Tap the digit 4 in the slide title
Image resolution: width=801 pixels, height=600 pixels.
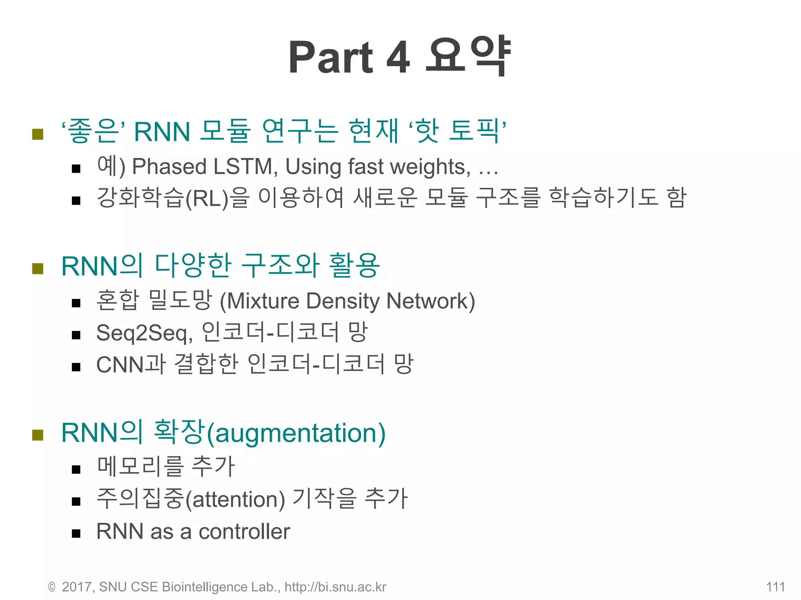[398, 58]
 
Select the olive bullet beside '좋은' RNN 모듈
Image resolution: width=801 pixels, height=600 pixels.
[38, 134]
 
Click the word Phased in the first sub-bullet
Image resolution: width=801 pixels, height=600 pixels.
[169, 167]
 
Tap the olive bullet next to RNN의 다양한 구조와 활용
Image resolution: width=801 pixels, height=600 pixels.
[38, 269]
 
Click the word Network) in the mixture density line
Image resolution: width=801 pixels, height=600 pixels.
[430, 301]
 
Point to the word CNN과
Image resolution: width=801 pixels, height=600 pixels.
[131, 365]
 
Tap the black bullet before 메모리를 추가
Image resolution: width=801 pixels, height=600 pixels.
[76, 469]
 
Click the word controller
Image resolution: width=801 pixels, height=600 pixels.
[244, 532]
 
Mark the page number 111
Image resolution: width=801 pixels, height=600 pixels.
[775, 587]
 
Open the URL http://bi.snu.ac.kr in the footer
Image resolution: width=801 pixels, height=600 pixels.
[335, 587]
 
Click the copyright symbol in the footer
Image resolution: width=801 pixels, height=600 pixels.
[52, 587]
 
